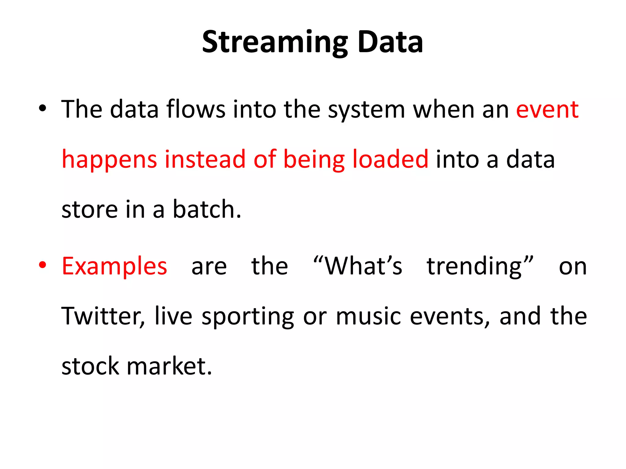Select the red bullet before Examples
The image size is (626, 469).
click(x=42, y=265)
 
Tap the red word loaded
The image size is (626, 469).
click(x=390, y=159)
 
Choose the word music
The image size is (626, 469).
click(x=368, y=316)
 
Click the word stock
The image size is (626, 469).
click(x=90, y=366)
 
